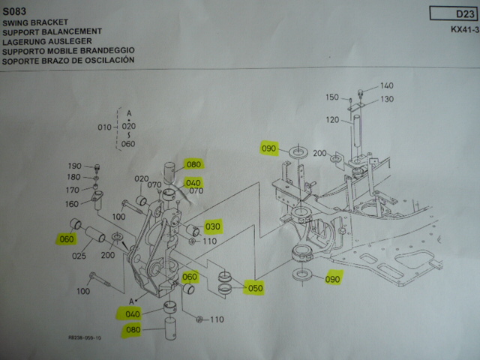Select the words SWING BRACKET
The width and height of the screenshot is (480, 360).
pos(34,23)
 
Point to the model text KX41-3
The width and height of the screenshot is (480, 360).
pos(464,30)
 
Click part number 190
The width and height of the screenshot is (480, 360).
pos(74,166)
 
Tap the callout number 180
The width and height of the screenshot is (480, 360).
pos(74,178)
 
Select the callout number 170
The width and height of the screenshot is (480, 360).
pos(74,190)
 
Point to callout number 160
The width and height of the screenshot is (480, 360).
pos(73,203)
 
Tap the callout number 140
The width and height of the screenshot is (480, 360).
pos(387,85)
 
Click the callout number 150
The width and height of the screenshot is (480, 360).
pos(332,97)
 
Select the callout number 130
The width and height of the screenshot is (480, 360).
pos(387,99)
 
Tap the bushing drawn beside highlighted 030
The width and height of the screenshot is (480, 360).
pos(191,229)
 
